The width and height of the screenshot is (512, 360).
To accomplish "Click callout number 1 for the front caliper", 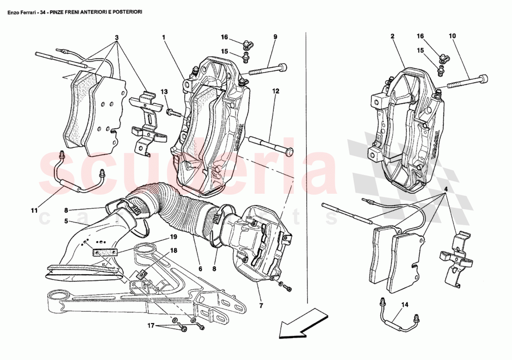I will [164, 36].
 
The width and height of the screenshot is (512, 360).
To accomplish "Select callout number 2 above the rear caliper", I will [392, 36].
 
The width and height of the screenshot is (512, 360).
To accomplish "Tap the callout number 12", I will [276, 91].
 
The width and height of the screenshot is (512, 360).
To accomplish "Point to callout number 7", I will [261, 306].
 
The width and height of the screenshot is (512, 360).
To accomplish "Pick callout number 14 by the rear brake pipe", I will [404, 305].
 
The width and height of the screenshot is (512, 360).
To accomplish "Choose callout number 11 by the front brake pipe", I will [34, 211].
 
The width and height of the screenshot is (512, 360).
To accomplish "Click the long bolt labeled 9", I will [267, 69].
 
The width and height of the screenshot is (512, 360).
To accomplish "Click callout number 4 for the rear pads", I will [445, 189].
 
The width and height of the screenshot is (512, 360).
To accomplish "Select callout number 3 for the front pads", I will [117, 37].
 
